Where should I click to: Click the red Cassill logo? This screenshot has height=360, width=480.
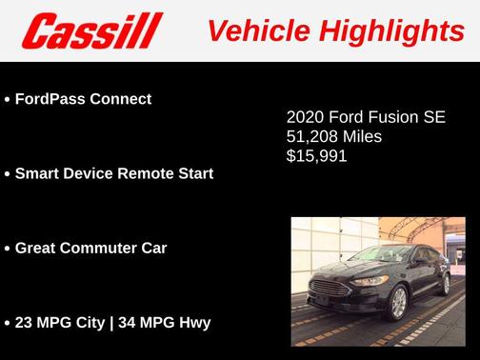coord(93,30)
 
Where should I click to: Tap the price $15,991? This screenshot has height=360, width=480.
coord(316,156)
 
